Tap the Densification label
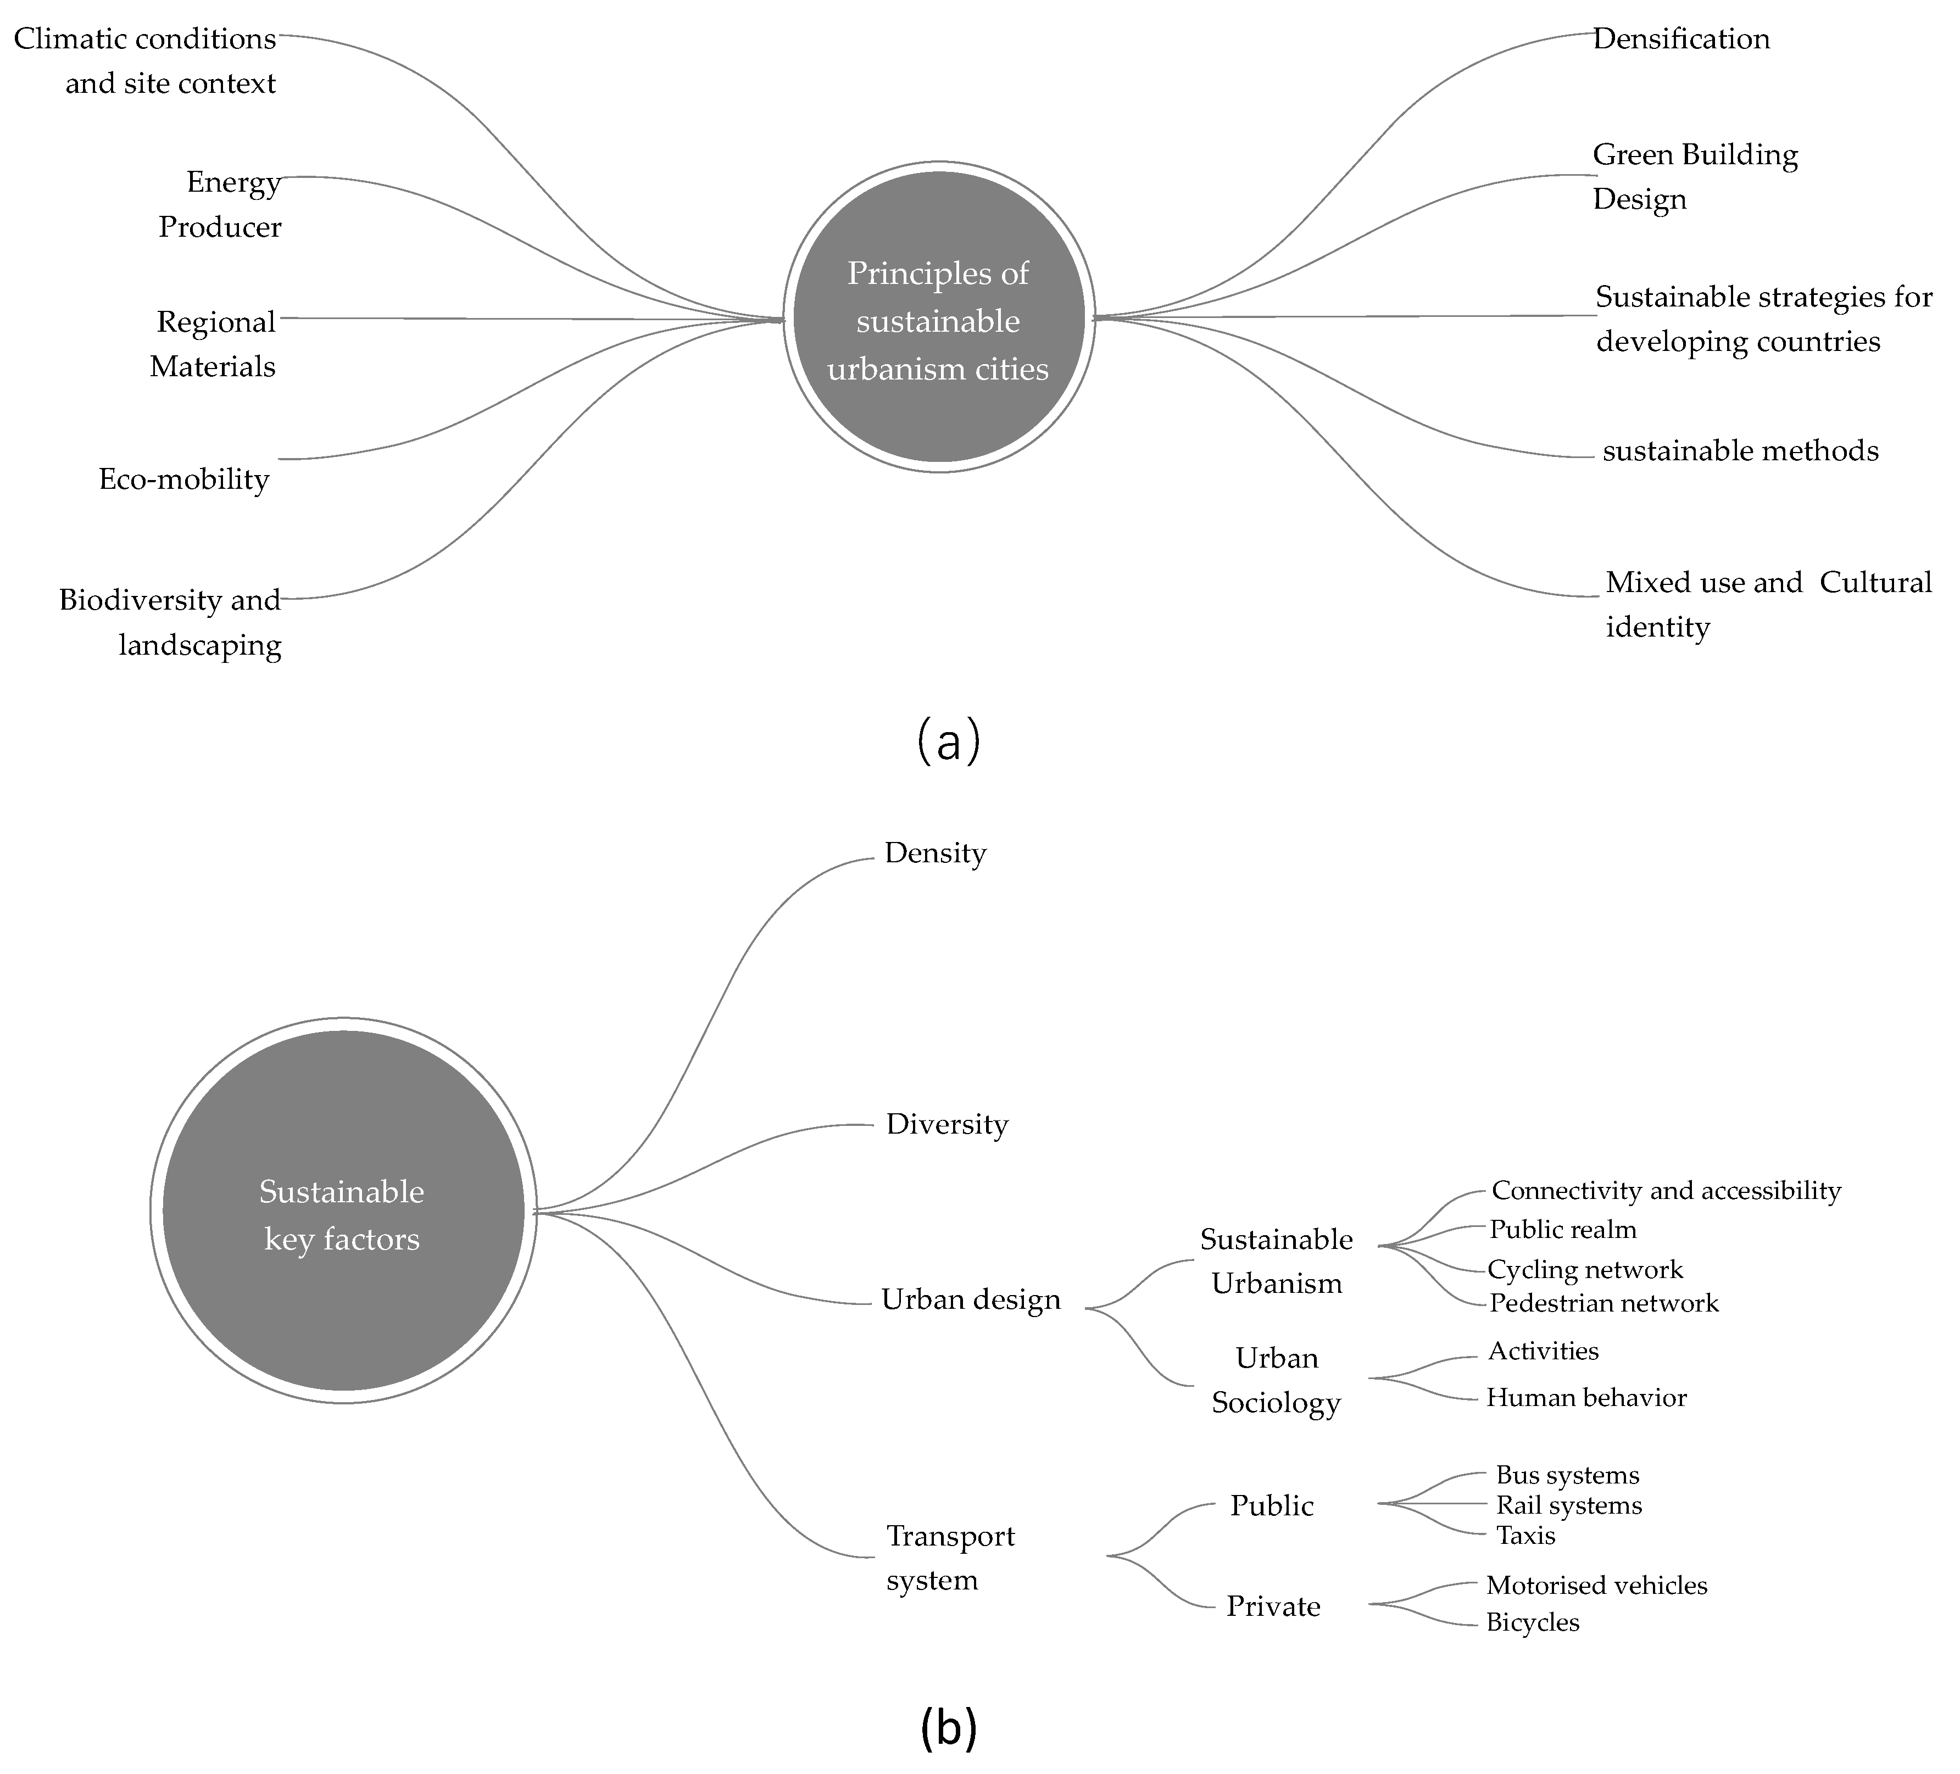1681,39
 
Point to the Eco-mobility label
183,479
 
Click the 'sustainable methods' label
1740,451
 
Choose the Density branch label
936,853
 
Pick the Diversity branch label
947,1125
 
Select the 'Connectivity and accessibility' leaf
1666,1191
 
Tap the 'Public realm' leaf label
1562,1230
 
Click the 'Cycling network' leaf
1585,1269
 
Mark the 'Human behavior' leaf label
1586,1398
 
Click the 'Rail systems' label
1568,1506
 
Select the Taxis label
1525,1536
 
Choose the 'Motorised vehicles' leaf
1596,1586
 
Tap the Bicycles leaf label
1532,1622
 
